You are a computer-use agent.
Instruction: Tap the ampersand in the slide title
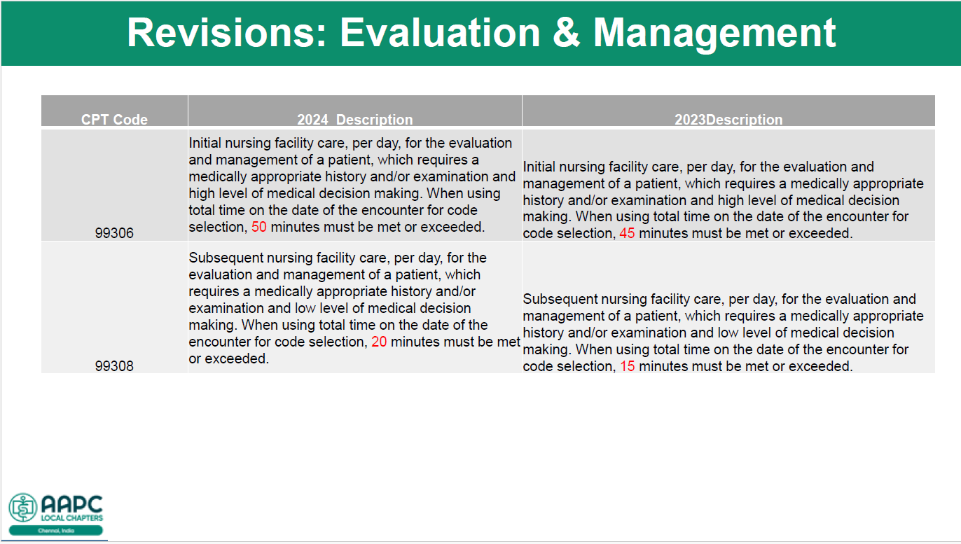pos(566,33)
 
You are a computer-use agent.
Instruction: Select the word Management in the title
pos(714,35)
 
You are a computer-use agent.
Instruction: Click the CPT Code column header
pos(114,120)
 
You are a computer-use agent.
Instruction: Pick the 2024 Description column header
pos(355,120)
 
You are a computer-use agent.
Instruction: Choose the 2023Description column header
pos(728,120)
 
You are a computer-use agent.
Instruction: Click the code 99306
pos(114,233)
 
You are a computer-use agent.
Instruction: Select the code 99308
pos(114,366)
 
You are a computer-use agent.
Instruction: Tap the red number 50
pos(258,227)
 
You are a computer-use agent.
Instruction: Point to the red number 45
pos(627,233)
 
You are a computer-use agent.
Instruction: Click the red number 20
pos(379,342)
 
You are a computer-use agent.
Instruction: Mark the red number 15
pos(627,366)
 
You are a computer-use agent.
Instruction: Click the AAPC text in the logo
pos(72,504)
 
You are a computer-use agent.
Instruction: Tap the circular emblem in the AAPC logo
pos(22,507)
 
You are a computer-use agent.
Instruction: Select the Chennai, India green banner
pos(56,531)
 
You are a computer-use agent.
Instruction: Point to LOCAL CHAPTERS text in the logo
pos(71,518)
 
